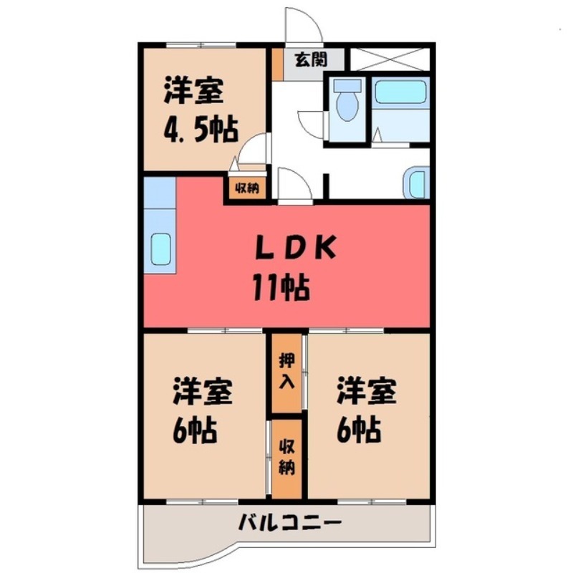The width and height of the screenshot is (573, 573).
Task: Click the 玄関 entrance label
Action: [x=309, y=59]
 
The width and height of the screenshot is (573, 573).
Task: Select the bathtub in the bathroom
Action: [x=400, y=92]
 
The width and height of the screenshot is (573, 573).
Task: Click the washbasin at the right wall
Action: [x=416, y=183]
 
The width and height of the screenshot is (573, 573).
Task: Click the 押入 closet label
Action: [x=286, y=372]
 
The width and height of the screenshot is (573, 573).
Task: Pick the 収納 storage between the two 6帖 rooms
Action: [x=286, y=456]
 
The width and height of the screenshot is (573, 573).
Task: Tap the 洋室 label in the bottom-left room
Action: [x=201, y=393]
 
